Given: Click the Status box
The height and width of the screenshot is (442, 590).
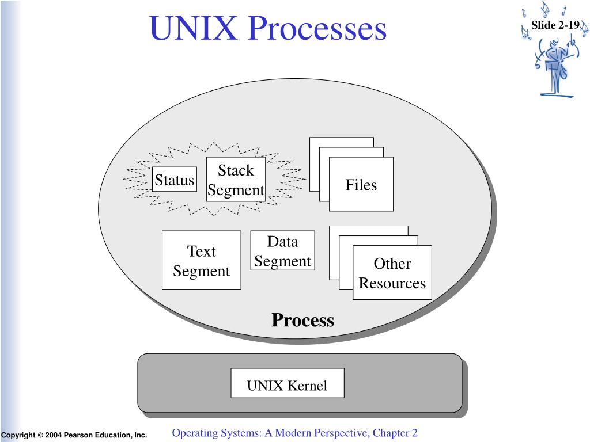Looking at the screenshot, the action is click(x=174, y=180).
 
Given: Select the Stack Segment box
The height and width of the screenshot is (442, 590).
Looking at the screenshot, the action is click(x=236, y=180).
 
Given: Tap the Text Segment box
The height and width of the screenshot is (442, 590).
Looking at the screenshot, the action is click(x=201, y=260).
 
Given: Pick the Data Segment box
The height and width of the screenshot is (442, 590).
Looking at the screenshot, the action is click(x=282, y=250).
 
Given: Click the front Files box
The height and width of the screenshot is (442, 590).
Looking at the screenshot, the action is click(x=361, y=184).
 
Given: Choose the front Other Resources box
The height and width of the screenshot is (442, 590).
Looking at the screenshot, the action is click(x=392, y=272).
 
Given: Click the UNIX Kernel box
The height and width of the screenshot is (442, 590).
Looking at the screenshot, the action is click(x=288, y=383).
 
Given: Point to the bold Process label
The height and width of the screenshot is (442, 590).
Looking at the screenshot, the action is click(x=302, y=320).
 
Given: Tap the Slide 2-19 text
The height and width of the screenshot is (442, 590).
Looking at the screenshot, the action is click(x=555, y=25).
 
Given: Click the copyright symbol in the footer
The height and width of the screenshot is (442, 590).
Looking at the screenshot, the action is click(x=40, y=435).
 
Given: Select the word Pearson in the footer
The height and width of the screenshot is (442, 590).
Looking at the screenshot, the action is click(x=78, y=435).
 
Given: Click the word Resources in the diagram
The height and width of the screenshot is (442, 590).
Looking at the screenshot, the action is click(x=392, y=283).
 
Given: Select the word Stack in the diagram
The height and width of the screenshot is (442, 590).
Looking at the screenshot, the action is click(x=236, y=170).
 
